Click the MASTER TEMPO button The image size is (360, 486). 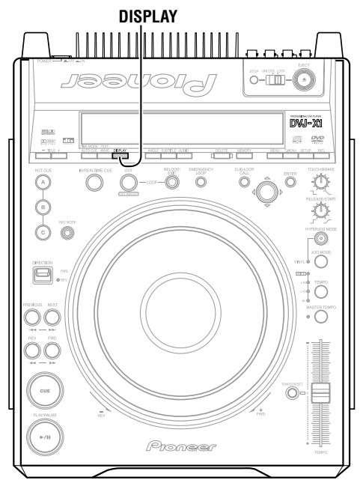point(321,317)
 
